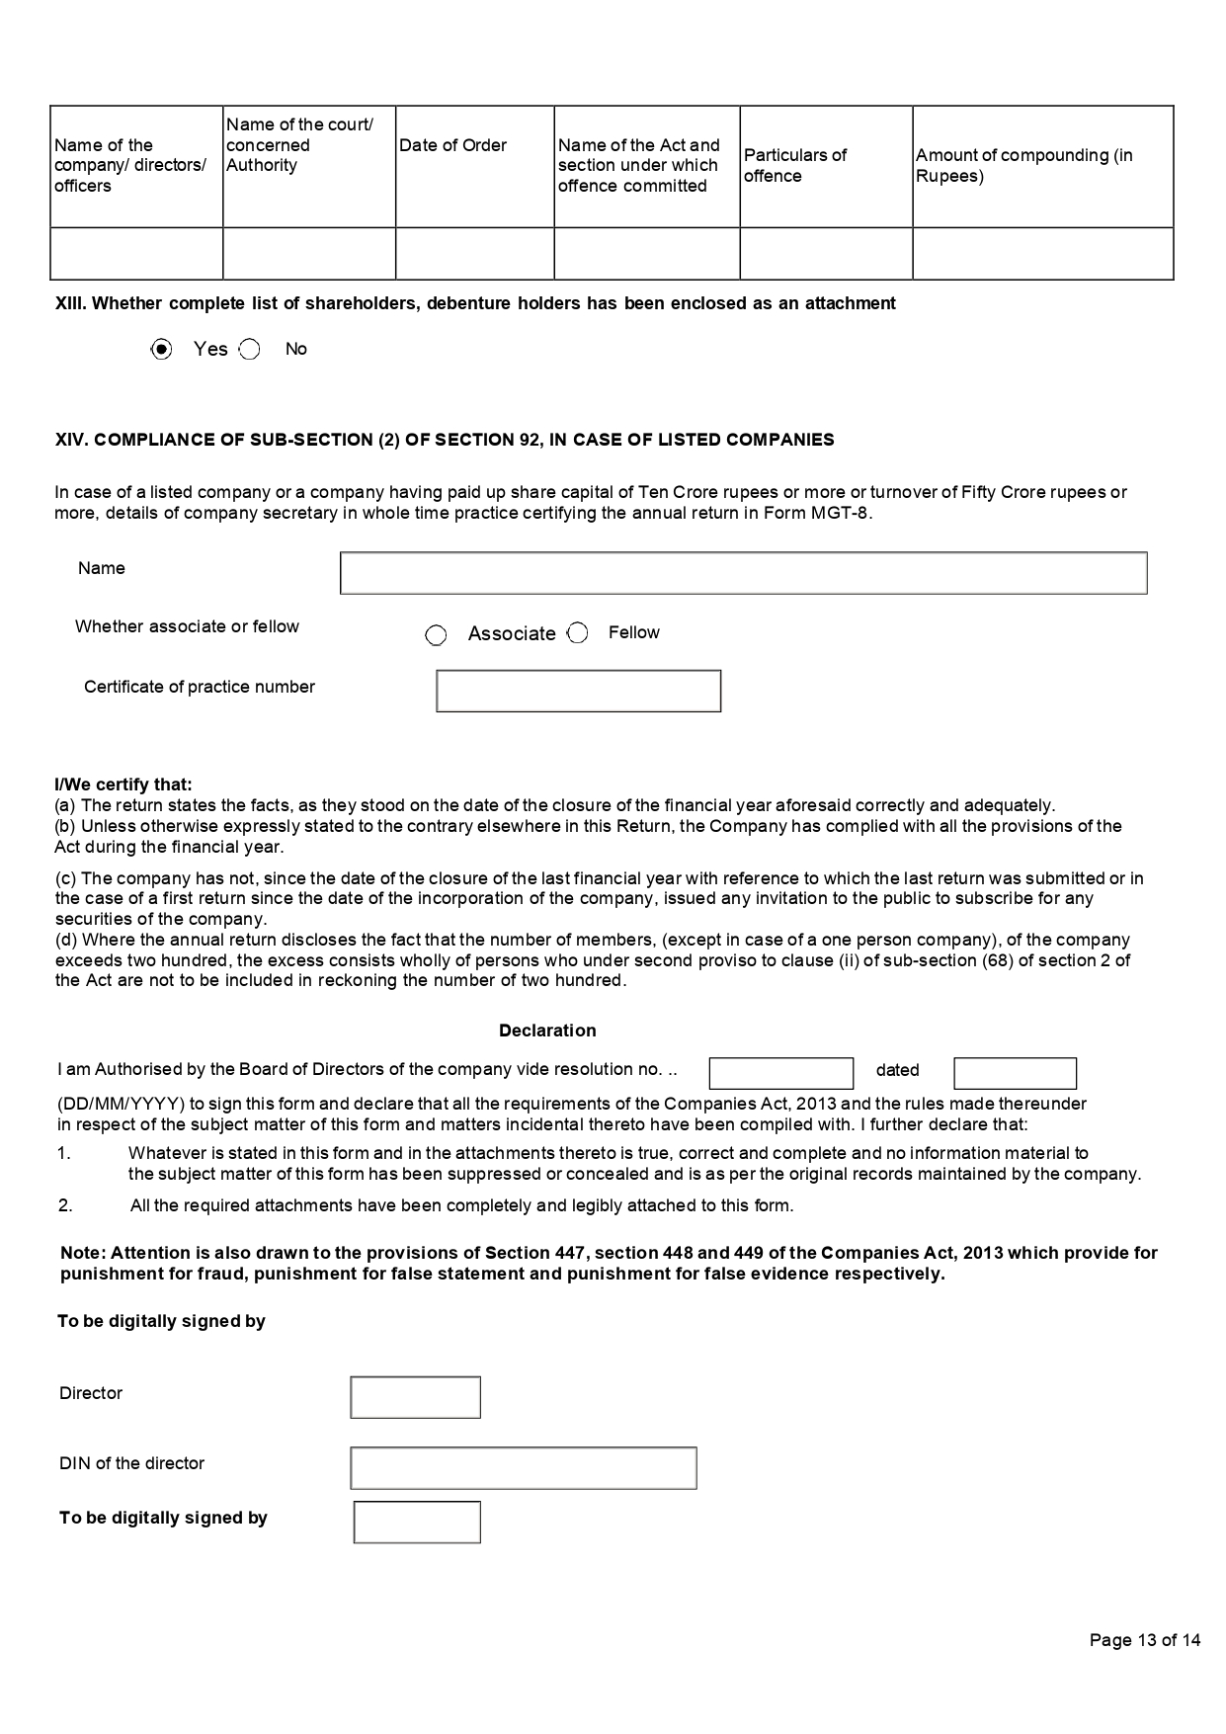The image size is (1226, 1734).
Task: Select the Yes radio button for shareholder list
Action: point(162,349)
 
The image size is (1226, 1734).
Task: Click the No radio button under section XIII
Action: point(250,349)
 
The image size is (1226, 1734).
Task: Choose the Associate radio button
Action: point(436,635)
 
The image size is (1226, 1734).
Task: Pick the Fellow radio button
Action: point(578,633)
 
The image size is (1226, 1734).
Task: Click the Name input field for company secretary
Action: point(743,573)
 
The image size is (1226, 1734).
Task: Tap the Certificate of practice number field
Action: point(578,691)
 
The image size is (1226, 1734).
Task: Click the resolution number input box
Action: point(780,1073)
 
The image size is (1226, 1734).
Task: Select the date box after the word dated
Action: point(1015,1073)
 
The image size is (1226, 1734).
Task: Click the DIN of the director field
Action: point(523,1468)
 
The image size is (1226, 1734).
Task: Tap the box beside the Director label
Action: point(415,1397)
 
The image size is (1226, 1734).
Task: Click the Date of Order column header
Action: point(453,145)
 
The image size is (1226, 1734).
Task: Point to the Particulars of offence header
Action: point(795,165)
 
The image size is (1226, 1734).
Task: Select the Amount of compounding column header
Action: point(1024,165)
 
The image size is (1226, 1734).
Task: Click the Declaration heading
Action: point(547,1031)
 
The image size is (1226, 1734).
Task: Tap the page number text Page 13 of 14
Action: point(1144,1640)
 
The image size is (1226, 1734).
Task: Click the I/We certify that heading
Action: point(123,784)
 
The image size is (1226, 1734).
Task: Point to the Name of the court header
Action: point(299,144)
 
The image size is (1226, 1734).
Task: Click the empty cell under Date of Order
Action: point(474,253)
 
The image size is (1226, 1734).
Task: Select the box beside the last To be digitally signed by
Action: point(417,1523)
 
